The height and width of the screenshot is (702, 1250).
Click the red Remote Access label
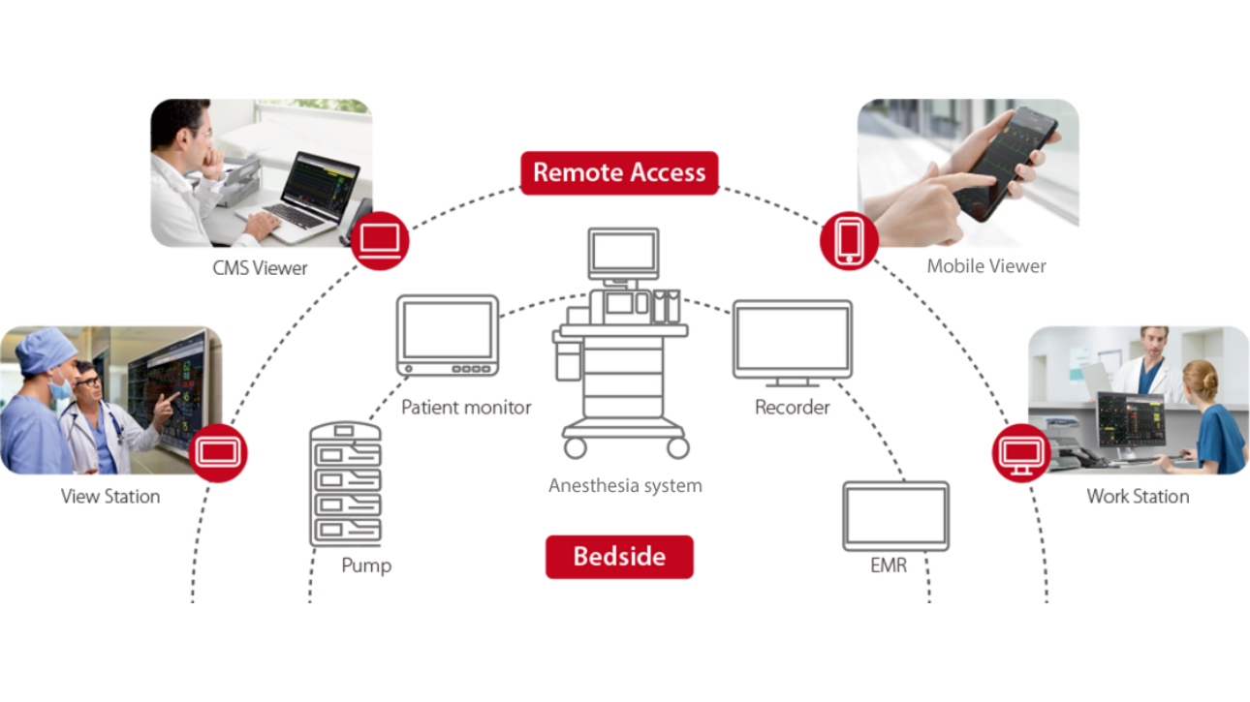pyautogui.click(x=619, y=172)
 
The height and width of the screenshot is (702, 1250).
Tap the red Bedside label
pyautogui.click(x=619, y=557)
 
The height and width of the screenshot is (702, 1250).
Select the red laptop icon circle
pyautogui.click(x=380, y=240)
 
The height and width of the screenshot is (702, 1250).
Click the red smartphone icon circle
pyautogui.click(x=849, y=240)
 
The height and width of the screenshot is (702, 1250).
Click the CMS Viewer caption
pyautogui.click(x=260, y=268)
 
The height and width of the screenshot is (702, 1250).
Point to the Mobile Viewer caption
pyautogui.click(x=986, y=265)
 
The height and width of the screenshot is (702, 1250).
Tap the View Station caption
pyautogui.click(x=110, y=497)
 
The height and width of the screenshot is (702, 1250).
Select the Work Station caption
pyautogui.click(x=1138, y=497)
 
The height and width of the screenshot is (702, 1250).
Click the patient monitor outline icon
pyautogui.click(x=448, y=335)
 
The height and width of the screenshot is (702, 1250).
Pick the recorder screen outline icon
pyautogui.click(x=793, y=342)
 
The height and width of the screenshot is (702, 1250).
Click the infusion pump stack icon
pyautogui.click(x=345, y=484)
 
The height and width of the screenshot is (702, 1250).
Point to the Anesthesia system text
pyautogui.click(x=625, y=485)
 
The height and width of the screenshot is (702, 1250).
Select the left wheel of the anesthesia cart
pyautogui.click(x=576, y=447)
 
